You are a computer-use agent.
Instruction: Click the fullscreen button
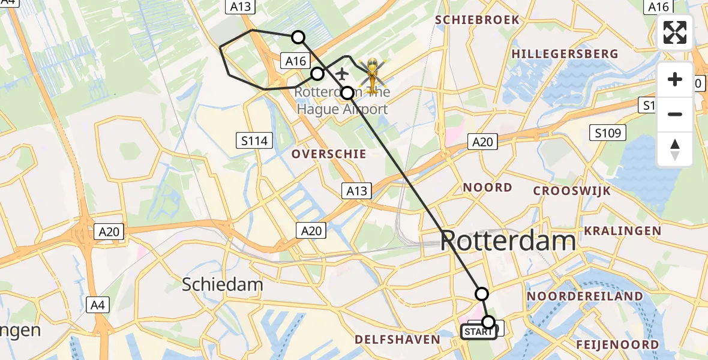tap(675, 32)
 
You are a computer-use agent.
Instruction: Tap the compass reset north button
tap(675, 149)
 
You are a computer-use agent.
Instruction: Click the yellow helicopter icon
tap(373, 73)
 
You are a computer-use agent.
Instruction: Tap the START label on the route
tap(478, 332)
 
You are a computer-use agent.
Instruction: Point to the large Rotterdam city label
tap(508, 241)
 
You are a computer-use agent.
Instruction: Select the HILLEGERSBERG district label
tap(565, 54)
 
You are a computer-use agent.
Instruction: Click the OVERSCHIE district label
tap(329, 154)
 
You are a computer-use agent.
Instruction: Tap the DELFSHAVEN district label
tap(397, 340)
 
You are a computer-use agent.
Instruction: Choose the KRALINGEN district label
tap(623, 231)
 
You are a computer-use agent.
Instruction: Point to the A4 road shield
tap(98, 305)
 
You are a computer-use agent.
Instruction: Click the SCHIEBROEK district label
tap(478, 20)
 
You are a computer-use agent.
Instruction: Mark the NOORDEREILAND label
tap(585, 296)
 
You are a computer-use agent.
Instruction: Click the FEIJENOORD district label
tap(617, 344)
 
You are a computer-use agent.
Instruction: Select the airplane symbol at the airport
tap(342, 74)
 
